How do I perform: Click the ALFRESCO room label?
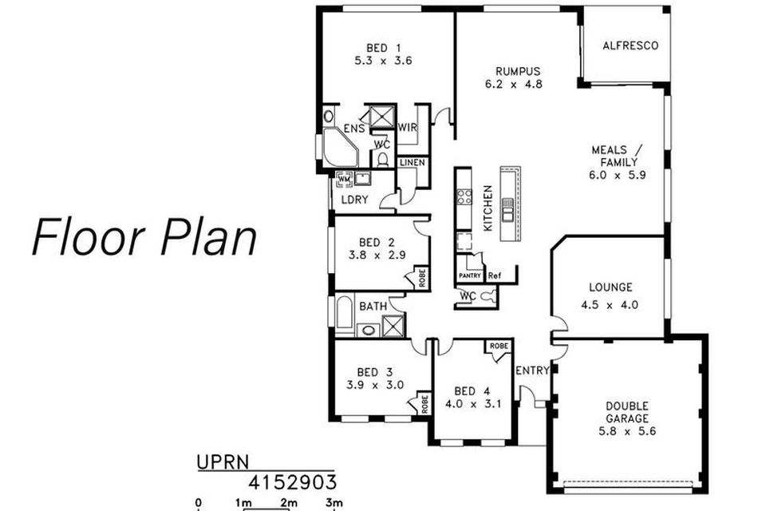[630, 46]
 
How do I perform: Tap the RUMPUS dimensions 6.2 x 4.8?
[513, 84]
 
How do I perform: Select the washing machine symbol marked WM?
[345, 180]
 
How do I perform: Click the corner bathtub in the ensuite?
[341, 147]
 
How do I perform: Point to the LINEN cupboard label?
[413, 162]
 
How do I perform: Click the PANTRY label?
[470, 275]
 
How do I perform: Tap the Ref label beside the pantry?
[495, 275]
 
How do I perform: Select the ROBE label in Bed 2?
[423, 278]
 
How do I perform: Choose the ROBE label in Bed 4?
[499, 346]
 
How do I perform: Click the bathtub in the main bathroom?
[344, 314]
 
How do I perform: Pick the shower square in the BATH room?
[393, 326]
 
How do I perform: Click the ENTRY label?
[532, 370]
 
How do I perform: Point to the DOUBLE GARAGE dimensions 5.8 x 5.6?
[627, 431]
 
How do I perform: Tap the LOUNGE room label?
[610, 287]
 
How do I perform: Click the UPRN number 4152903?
[292, 482]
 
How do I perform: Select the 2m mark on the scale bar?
[288, 503]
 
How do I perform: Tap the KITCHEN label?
[488, 208]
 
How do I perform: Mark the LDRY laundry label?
[354, 200]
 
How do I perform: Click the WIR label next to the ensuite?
[408, 128]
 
